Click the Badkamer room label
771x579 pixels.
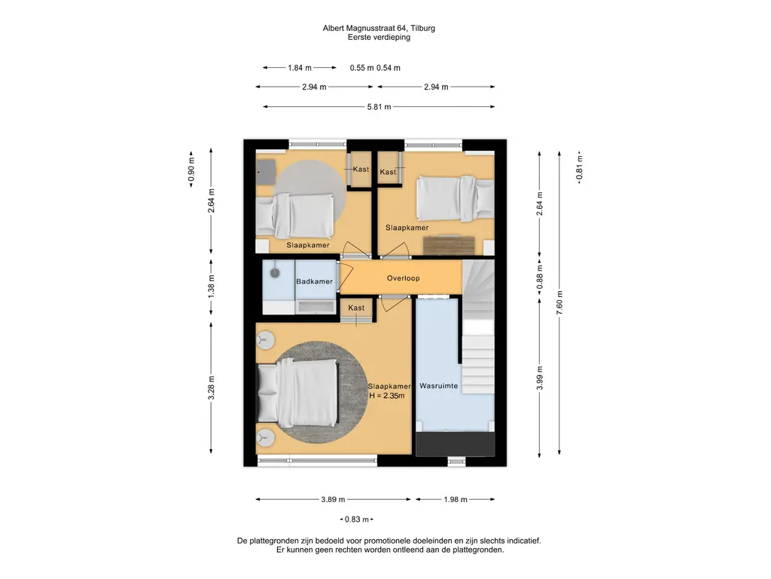point(314,282)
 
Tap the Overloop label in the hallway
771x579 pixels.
point(404,278)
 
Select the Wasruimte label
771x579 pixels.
point(439,386)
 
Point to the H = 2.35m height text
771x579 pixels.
point(387,396)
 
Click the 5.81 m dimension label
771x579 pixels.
point(379,107)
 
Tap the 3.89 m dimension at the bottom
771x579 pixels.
point(333,500)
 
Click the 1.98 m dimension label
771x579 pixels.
point(456,500)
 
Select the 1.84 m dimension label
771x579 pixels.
point(300,68)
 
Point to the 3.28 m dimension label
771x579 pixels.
point(212,388)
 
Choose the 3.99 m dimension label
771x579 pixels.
point(540,378)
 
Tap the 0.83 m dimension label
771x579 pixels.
point(356,519)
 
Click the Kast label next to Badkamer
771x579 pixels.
point(356,308)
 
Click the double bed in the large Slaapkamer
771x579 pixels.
point(298,391)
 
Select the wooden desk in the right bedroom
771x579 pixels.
point(449,246)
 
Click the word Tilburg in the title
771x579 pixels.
point(422,28)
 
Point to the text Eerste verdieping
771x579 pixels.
point(379,37)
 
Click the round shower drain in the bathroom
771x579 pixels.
point(275,273)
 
